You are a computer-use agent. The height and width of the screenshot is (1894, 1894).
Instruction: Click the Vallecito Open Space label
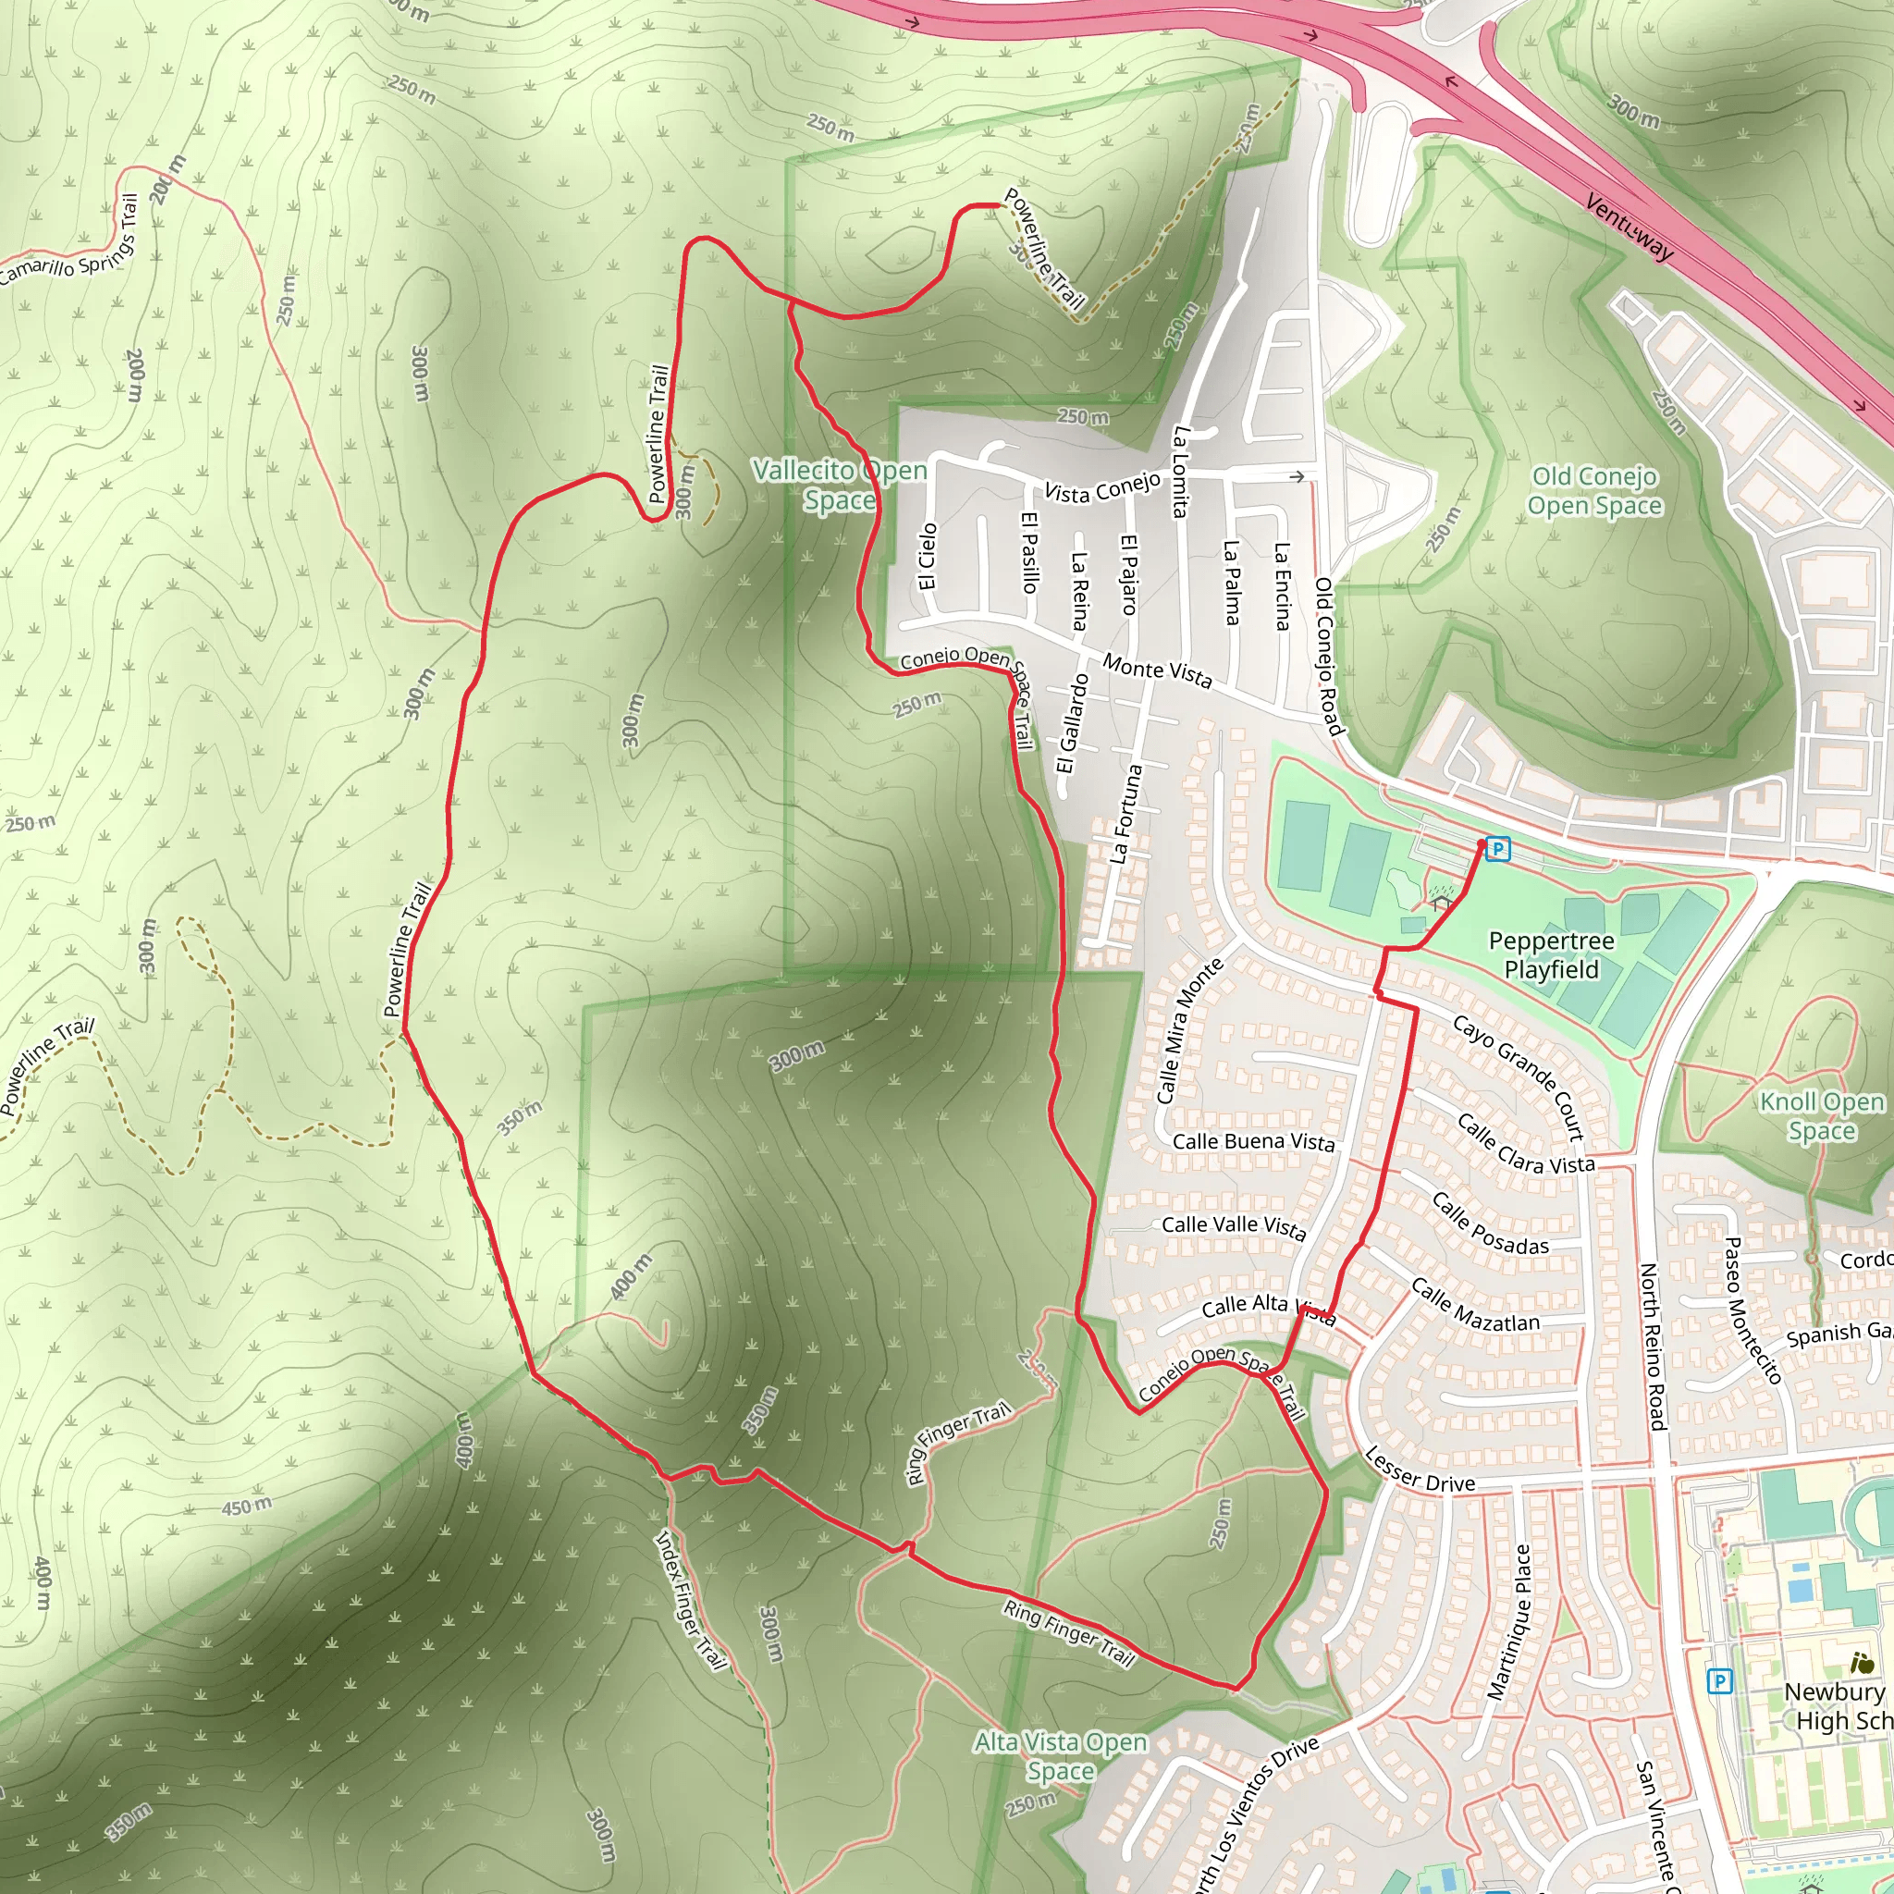pos(839,486)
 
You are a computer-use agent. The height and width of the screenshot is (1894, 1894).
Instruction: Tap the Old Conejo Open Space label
pos(1594,491)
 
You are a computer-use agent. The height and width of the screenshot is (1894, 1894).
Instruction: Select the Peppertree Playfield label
pos(1551,954)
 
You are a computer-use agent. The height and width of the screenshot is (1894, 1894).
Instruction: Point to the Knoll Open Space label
pos(1822,1115)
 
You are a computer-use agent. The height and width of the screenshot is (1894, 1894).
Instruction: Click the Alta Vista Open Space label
pos(1061,1756)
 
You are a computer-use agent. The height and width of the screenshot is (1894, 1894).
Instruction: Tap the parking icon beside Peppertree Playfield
pos(1497,848)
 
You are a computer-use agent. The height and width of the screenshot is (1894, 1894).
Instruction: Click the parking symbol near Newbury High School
pos(1718,1681)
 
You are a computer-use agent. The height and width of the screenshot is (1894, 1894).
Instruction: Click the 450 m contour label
pos(246,1506)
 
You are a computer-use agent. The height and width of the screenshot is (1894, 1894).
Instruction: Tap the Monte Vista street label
pos(1158,670)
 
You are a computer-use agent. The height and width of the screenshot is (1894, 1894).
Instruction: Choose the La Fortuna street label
pos(1126,815)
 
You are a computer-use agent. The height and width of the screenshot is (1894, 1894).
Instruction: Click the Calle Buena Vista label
pos(1253,1142)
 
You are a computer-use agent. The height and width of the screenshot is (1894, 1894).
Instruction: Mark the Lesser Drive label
pos(1420,1471)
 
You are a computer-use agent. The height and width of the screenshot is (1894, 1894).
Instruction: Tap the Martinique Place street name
pos(1508,1621)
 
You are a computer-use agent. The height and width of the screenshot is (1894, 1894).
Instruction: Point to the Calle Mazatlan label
pos(1475,1306)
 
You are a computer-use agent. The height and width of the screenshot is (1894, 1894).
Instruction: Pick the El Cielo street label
pos(928,556)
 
